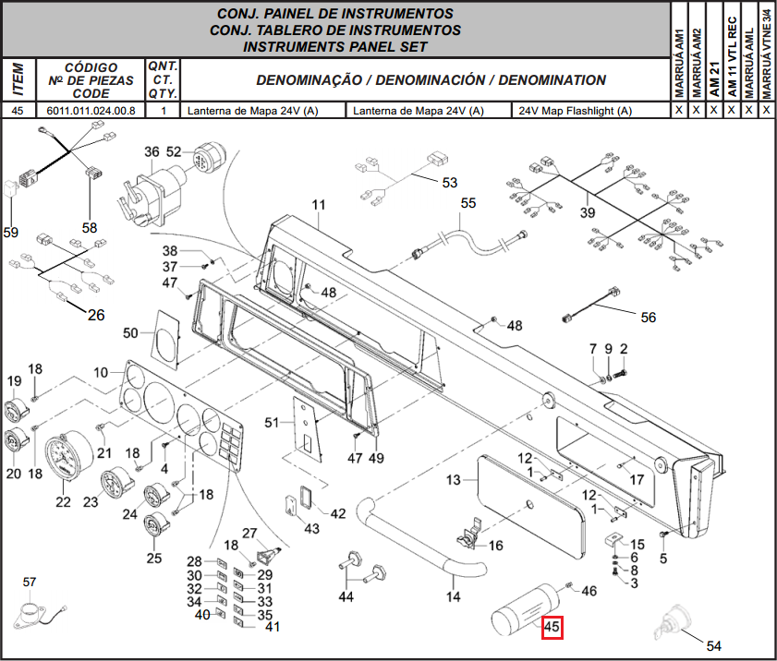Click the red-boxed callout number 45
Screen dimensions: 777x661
[x=552, y=627]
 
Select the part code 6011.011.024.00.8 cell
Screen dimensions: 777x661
[x=91, y=111]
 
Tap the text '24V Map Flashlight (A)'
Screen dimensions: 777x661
[x=576, y=111]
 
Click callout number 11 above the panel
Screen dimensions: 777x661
[x=319, y=205]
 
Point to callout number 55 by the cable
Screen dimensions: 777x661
[x=468, y=203]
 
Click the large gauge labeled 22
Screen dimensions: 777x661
[x=68, y=455]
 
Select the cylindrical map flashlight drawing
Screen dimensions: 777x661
[x=524, y=609]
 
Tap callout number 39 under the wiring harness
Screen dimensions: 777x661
[x=588, y=212]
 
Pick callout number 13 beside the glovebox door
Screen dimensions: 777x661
[x=454, y=480]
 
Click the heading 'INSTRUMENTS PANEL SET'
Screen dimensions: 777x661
[x=335, y=46]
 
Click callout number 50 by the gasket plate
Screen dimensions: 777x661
[x=130, y=332]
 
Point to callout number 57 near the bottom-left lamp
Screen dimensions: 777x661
[x=30, y=582]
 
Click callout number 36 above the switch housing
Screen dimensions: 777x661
[x=152, y=151]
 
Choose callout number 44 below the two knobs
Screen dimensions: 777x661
[x=346, y=596]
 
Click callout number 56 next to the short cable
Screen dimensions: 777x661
[x=649, y=318]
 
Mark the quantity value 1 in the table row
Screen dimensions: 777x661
[x=164, y=111]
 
